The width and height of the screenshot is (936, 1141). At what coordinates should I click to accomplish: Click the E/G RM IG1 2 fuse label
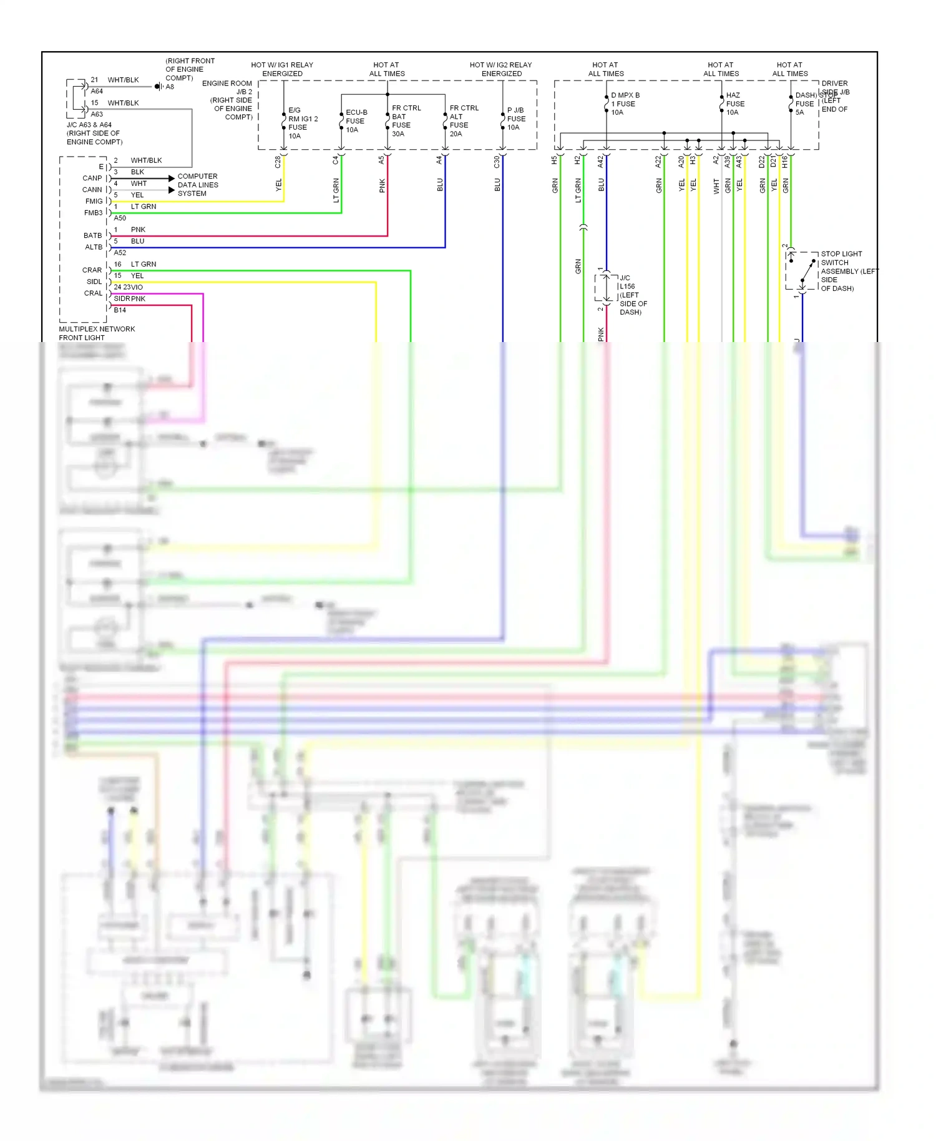click(302, 123)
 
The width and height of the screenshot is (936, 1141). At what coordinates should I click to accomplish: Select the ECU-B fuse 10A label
click(356, 121)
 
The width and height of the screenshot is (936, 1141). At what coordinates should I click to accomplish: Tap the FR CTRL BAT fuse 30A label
click(406, 121)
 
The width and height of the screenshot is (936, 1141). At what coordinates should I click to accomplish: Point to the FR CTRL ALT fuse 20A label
click(464, 121)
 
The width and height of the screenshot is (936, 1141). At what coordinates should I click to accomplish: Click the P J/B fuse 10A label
click(516, 119)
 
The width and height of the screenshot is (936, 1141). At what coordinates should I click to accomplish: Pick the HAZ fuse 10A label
click(734, 104)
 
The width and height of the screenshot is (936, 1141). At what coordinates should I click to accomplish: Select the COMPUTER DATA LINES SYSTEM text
click(197, 185)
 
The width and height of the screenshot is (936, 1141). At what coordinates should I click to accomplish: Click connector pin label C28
click(278, 162)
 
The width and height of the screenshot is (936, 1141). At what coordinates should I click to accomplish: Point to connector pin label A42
click(600, 162)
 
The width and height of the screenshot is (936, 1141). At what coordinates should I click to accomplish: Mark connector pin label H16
click(784, 162)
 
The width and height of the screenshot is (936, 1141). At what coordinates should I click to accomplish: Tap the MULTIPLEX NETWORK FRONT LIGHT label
click(97, 333)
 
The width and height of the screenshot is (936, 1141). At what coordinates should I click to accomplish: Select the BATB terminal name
click(92, 236)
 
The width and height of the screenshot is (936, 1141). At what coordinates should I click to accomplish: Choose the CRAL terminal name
click(93, 293)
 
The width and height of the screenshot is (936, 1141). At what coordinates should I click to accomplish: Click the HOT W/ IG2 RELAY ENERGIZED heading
click(501, 69)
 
